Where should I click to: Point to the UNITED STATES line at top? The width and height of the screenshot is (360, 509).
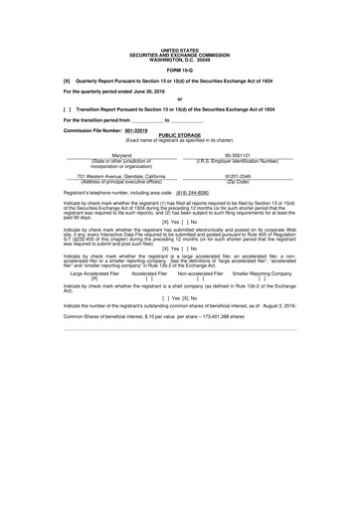coord(179,48)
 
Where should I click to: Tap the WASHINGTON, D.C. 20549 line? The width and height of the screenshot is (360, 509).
coord(179,56)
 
